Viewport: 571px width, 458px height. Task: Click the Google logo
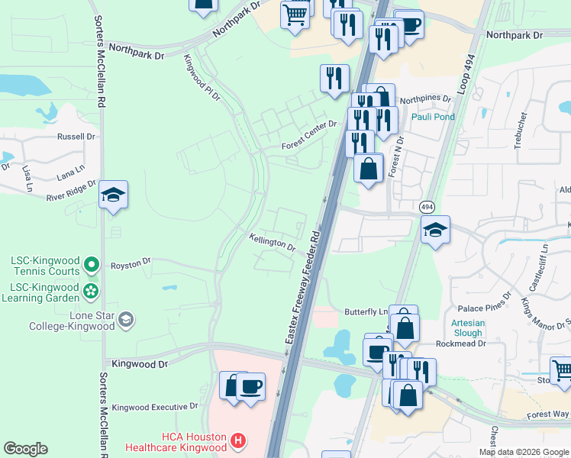coord(26,449)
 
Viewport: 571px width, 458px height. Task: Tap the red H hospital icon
coord(238,441)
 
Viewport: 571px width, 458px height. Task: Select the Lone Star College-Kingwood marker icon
coord(127,319)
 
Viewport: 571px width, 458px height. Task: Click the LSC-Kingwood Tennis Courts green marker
coord(91,265)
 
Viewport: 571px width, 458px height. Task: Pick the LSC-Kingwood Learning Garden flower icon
coord(91,291)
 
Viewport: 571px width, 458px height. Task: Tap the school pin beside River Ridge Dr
coord(113,195)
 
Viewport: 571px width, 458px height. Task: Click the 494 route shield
coord(426,207)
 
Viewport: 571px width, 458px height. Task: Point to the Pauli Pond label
coord(433,117)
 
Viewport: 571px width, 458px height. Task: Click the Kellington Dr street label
coord(272,242)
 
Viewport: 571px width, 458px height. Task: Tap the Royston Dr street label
coord(131,263)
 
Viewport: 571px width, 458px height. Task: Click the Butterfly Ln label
coord(366,312)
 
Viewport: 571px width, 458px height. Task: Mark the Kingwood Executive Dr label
coord(155,408)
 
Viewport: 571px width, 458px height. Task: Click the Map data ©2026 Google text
coord(523,452)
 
